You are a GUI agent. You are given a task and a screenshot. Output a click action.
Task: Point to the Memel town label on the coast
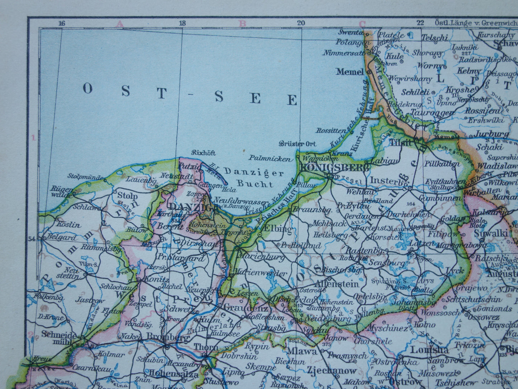(350, 71)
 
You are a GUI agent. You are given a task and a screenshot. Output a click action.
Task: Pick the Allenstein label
(337, 283)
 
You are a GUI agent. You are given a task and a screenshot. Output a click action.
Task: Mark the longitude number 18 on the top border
(182, 24)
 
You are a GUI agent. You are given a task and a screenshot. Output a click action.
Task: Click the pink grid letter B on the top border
(242, 24)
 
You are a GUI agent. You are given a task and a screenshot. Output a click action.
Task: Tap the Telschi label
(434, 37)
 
